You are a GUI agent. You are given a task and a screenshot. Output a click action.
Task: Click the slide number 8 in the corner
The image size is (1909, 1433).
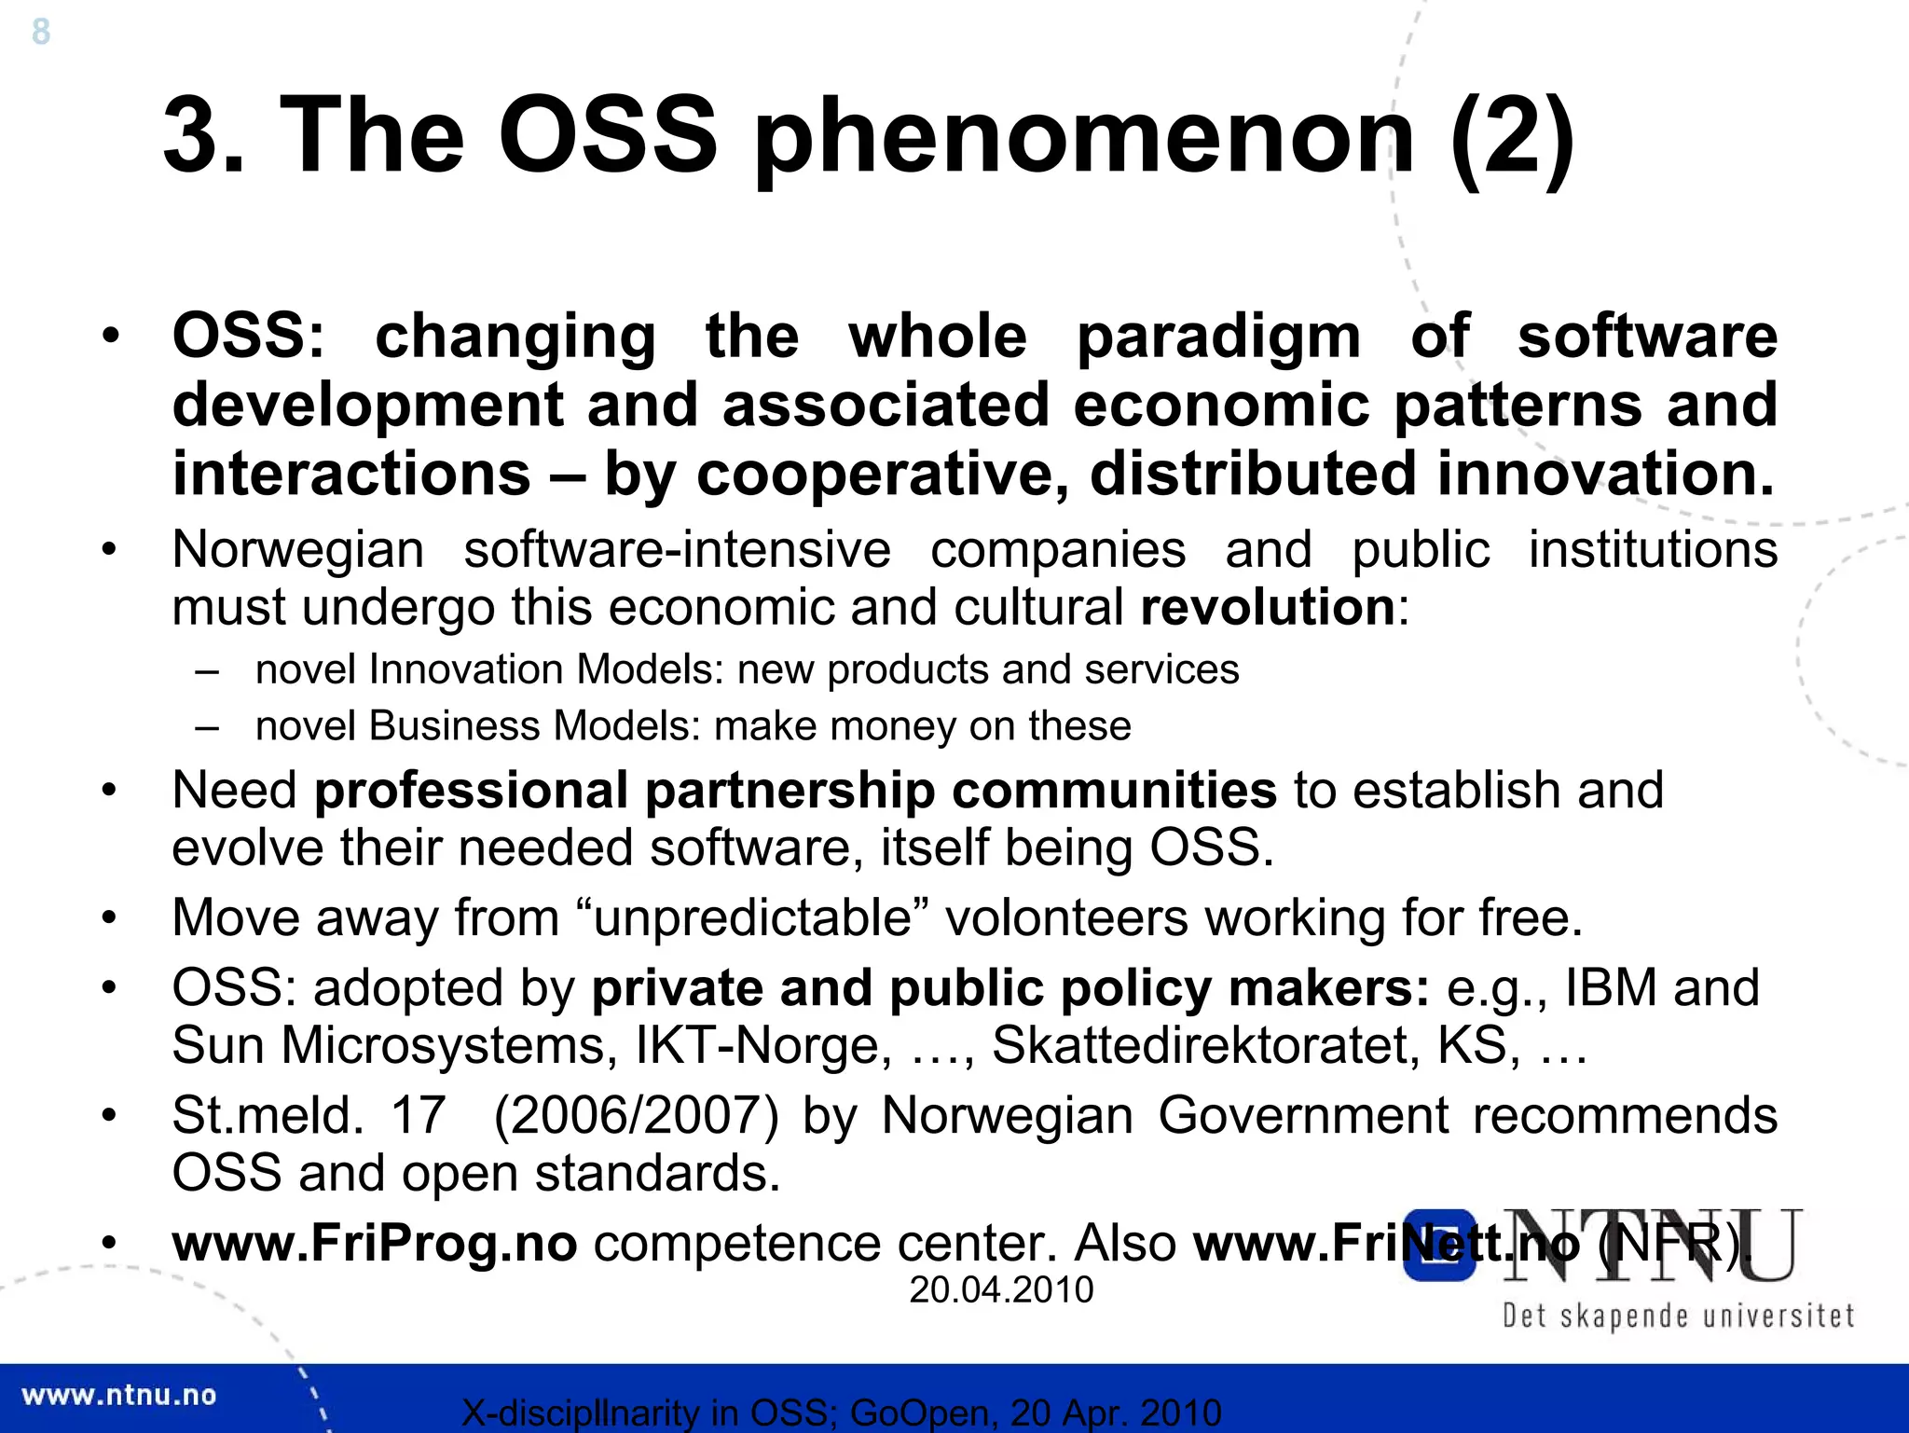pyautogui.click(x=41, y=33)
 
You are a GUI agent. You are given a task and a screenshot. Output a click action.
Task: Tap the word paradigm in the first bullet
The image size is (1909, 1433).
pyautogui.click(x=1218, y=337)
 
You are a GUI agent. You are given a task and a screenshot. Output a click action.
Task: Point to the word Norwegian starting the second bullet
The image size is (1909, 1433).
pyautogui.click(x=298, y=550)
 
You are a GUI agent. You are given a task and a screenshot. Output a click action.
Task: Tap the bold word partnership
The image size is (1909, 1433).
pyautogui.click(x=790, y=791)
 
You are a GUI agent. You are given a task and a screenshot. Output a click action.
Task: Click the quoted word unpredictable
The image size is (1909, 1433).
pyautogui.click(x=752, y=918)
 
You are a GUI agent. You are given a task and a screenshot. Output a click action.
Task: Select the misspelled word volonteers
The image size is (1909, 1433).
pyautogui.click(x=1067, y=918)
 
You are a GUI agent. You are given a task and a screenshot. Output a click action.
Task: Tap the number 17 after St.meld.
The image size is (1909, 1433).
pyautogui.click(x=418, y=1116)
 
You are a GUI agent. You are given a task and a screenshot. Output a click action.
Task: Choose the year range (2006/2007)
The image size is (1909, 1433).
pyautogui.click(x=636, y=1116)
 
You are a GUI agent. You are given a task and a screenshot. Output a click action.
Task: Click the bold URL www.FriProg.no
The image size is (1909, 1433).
pyautogui.click(x=375, y=1244)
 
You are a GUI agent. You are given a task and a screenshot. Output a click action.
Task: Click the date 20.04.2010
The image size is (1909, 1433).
pyautogui.click(x=1001, y=1290)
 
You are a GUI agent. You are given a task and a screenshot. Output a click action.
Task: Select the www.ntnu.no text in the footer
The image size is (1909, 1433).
pyautogui.click(x=118, y=1396)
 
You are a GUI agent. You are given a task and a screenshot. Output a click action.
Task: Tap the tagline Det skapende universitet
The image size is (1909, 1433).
pyautogui.click(x=1678, y=1316)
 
